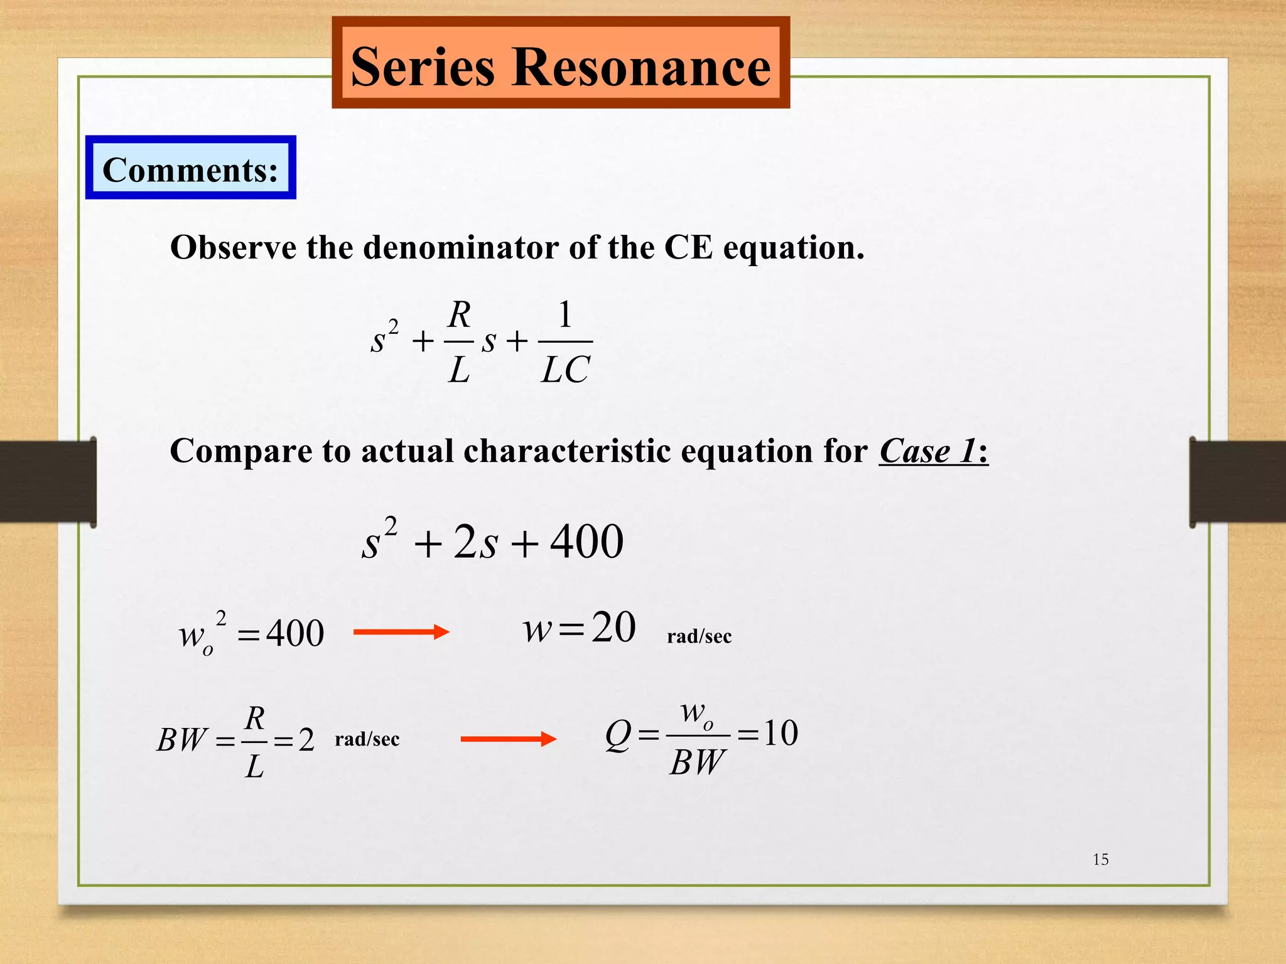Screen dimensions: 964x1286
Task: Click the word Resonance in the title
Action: [642, 67]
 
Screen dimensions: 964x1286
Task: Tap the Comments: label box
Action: [190, 169]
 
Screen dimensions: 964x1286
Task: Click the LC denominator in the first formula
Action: [565, 370]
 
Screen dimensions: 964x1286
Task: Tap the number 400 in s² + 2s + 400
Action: [586, 542]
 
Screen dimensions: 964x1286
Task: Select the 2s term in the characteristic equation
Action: [475, 542]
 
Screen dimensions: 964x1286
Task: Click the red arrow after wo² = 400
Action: [401, 632]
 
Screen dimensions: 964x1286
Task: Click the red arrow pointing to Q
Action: [508, 739]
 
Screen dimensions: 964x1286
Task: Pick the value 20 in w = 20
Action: [613, 627]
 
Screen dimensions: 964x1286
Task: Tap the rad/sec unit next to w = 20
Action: [699, 636]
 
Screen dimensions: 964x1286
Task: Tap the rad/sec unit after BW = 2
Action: [367, 739]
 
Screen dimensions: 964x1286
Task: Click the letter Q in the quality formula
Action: [618, 734]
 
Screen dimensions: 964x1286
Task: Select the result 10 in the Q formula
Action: [781, 733]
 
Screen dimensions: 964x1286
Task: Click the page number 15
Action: [1100, 860]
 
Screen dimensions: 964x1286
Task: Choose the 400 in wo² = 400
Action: [295, 633]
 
